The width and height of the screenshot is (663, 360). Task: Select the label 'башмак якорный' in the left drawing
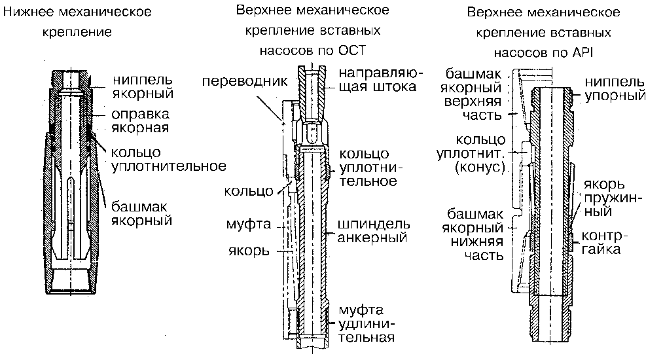coord(141,211)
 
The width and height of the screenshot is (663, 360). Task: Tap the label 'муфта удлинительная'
coord(367,323)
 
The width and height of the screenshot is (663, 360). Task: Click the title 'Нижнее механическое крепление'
coord(78,21)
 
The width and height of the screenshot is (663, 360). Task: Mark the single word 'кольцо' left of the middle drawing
coord(249,191)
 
